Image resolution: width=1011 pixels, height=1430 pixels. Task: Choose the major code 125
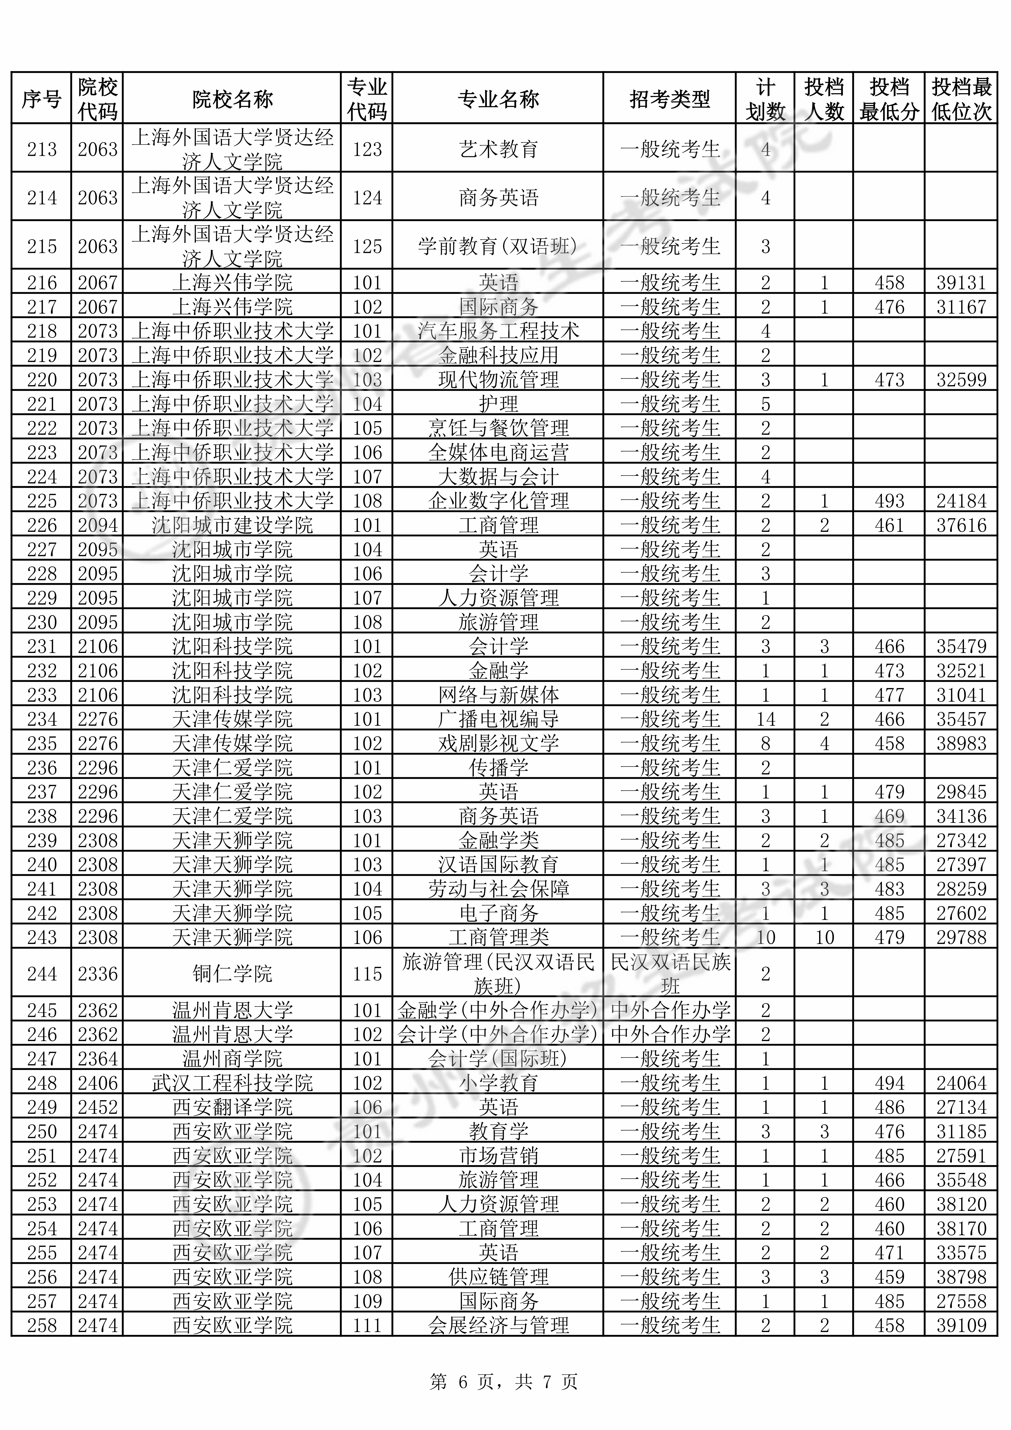(x=367, y=247)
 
